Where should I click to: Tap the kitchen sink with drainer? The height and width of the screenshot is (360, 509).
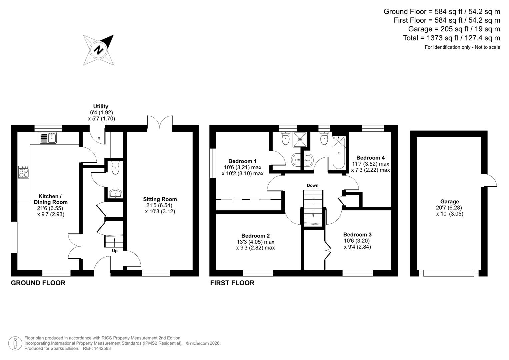(48, 137)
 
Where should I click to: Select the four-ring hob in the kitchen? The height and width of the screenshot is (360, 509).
(23, 172)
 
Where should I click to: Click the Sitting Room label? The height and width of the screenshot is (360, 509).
(160, 199)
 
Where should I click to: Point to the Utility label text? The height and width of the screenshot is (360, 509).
(101, 106)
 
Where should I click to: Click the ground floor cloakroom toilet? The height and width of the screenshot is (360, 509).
(115, 168)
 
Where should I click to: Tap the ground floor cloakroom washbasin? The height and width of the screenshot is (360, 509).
(115, 193)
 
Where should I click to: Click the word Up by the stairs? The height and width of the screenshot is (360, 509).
(115, 251)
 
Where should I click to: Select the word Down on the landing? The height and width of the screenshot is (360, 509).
(312, 185)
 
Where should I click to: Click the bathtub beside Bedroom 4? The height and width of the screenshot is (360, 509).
(339, 153)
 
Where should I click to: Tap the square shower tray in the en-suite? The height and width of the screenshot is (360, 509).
(300, 139)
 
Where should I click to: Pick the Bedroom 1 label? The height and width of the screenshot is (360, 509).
(242, 161)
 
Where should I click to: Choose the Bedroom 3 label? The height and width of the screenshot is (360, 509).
(357, 234)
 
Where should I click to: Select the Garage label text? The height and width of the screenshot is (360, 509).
(449, 201)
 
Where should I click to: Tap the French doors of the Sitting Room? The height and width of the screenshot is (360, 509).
(160, 122)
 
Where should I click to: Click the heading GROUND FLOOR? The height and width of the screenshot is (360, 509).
(38, 283)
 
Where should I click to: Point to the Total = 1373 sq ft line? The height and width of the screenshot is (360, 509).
(451, 38)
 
